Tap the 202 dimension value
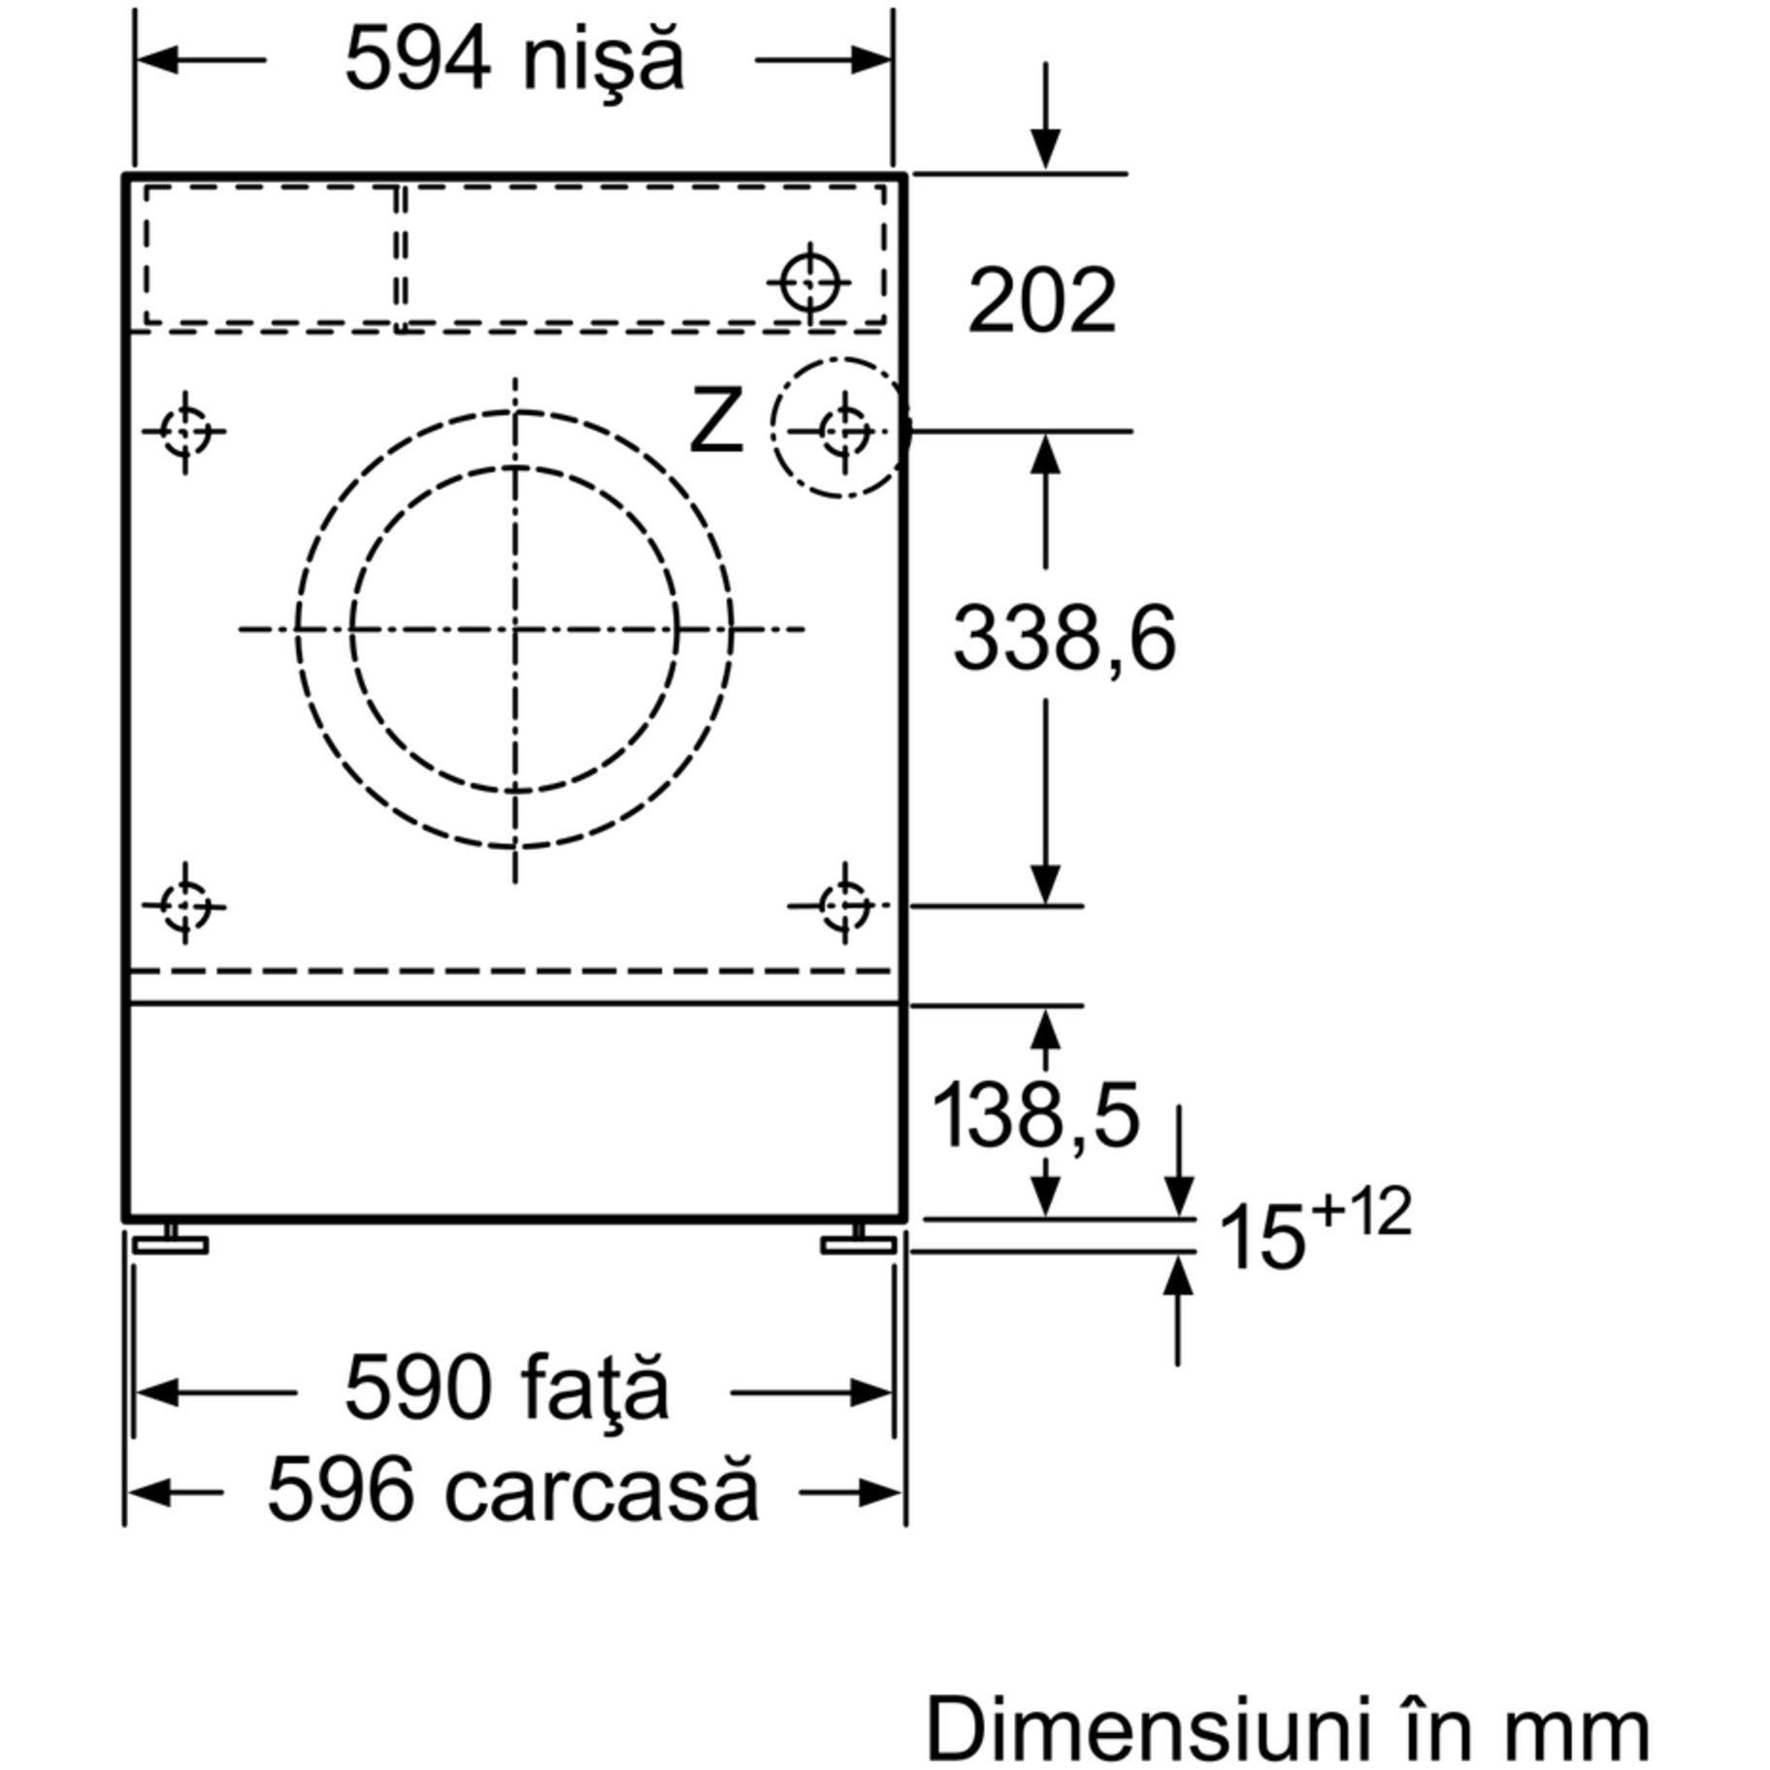coord(1042,301)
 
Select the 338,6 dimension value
coord(1065,639)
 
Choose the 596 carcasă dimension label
coord(512,1491)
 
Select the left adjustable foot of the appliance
coord(171,1239)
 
